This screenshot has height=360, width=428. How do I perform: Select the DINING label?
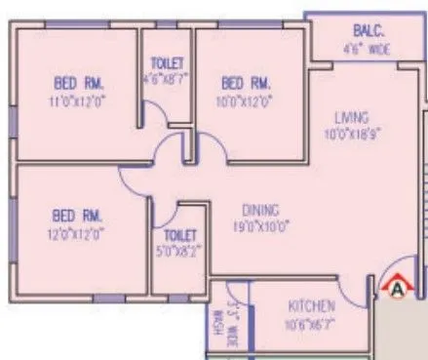(261, 209)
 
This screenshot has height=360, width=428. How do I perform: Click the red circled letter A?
(396, 287)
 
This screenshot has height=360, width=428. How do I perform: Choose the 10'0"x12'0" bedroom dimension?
(248, 99)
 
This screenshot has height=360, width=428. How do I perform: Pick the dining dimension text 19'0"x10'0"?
(261, 226)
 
